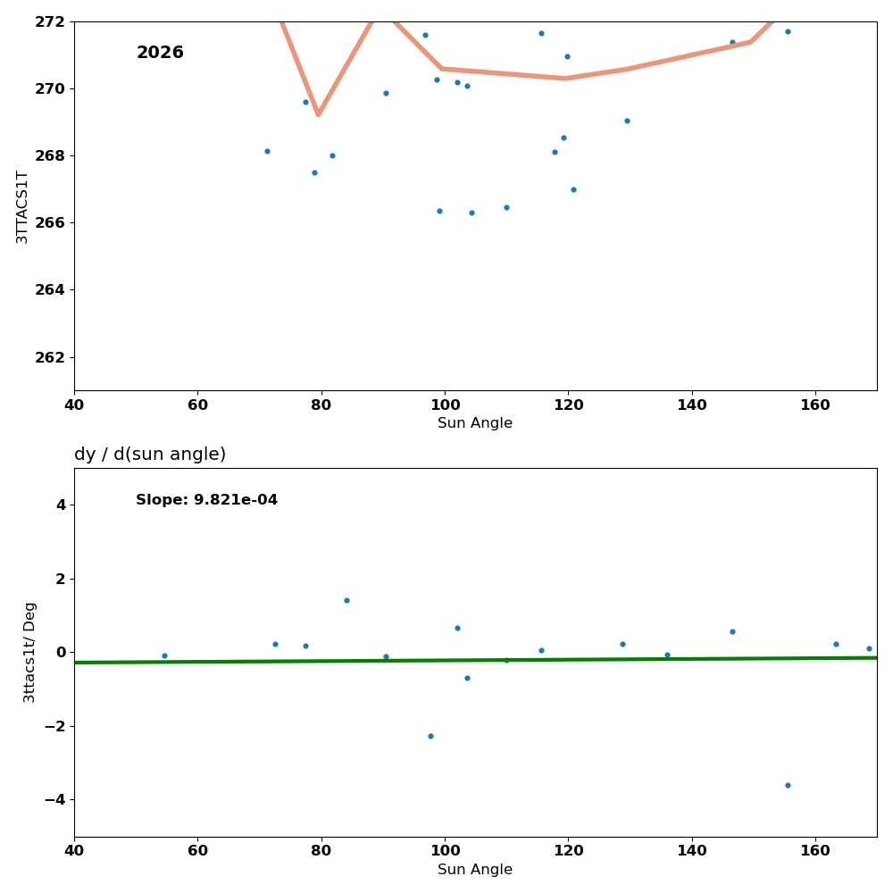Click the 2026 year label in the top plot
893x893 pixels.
click(160, 54)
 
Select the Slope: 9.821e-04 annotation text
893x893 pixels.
click(206, 500)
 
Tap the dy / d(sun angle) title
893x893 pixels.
click(150, 455)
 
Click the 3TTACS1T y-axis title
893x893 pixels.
click(23, 206)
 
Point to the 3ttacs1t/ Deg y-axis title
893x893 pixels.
click(30, 652)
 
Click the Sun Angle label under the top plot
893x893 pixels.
click(475, 423)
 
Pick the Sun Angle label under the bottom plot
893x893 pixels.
click(475, 870)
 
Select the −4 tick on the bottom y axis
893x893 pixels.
click(55, 799)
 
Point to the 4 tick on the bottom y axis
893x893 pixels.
click(62, 505)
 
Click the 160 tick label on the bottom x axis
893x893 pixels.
click(815, 851)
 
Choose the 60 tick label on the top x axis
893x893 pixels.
click(197, 405)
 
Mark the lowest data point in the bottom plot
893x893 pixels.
click(788, 785)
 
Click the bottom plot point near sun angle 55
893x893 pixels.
click(164, 655)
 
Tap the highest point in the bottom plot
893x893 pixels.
click(346, 600)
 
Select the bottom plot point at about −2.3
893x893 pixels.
click(430, 736)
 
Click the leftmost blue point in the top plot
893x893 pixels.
click(267, 151)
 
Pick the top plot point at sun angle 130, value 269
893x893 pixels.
click(627, 121)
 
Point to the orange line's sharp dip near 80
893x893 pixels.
click(318, 113)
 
